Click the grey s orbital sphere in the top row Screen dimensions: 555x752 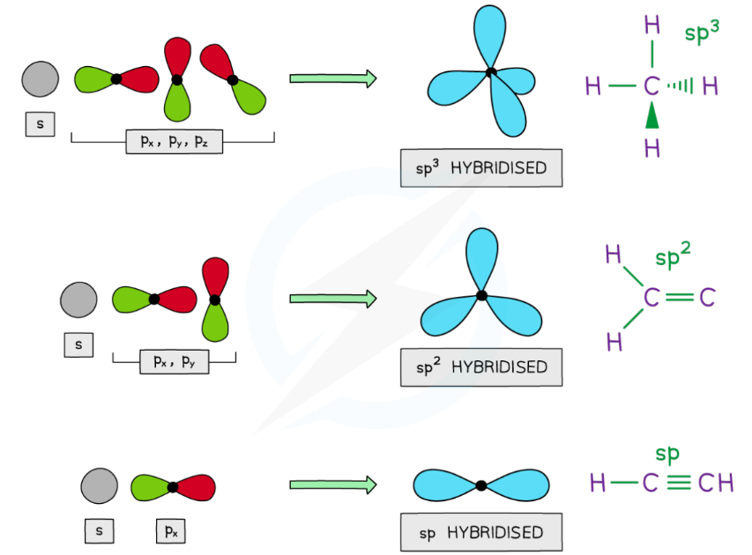click(x=40, y=78)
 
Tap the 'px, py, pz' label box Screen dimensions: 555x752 click(x=174, y=141)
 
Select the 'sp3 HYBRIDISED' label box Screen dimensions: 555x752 click(x=480, y=167)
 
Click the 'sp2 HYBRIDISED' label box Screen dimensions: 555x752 click(x=480, y=366)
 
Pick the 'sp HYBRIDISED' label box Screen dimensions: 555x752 click(x=480, y=533)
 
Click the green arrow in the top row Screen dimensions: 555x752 click(x=332, y=78)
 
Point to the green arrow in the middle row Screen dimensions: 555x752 click(x=332, y=299)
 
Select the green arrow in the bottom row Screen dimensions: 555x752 click(x=332, y=485)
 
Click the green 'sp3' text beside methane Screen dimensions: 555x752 click(x=703, y=33)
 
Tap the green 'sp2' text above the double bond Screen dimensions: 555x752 click(x=673, y=259)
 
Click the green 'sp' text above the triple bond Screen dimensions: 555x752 click(x=667, y=455)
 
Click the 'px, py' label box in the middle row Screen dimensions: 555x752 click(x=174, y=361)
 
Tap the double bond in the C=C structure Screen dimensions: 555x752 click(x=679, y=299)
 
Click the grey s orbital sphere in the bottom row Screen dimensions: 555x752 click(x=99, y=485)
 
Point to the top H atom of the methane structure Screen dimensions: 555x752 click(x=651, y=26)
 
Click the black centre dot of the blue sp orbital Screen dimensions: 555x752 click(x=480, y=485)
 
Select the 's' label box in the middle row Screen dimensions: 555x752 click(x=78, y=345)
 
